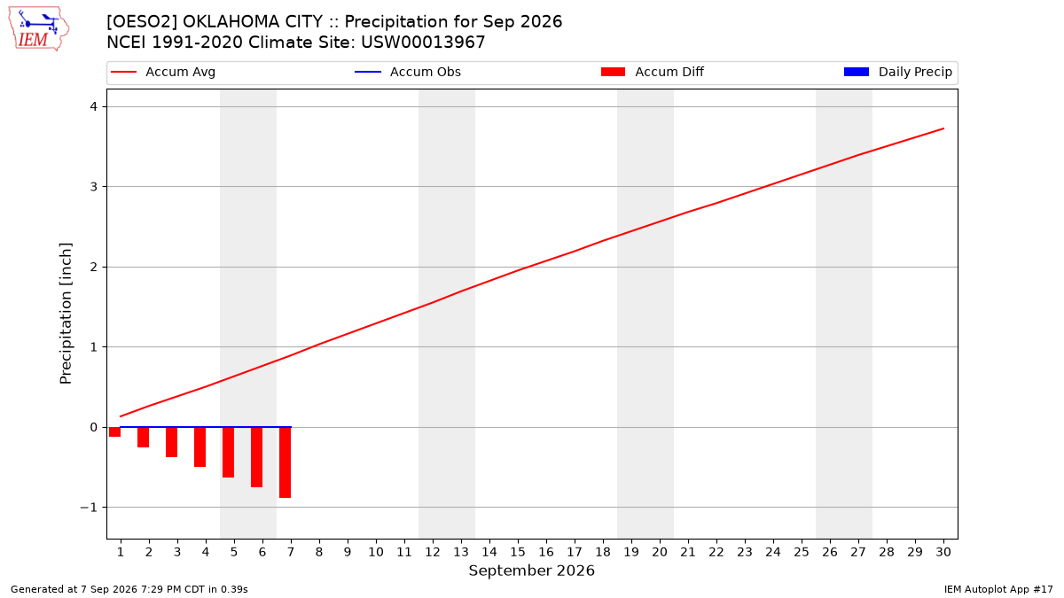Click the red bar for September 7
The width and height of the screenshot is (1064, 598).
tap(285, 462)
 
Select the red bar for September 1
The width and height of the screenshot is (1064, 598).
tap(114, 432)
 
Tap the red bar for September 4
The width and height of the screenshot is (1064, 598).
tap(200, 447)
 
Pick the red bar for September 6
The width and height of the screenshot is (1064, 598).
tap(256, 457)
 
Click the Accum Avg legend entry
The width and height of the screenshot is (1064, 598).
tap(163, 72)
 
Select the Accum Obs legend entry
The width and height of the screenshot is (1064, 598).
tap(408, 72)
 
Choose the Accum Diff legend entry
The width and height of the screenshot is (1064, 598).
tap(653, 72)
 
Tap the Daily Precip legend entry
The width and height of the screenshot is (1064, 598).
tap(897, 72)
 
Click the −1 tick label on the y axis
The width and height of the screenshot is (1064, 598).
tap(89, 508)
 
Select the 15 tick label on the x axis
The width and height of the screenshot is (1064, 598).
tap(518, 552)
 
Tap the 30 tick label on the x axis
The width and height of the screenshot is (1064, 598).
tap(943, 552)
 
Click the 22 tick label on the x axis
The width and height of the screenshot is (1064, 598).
tap(716, 552)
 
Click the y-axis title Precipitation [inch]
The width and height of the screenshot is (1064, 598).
tap(66, 314)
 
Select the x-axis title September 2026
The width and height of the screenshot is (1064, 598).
tap(531, 571)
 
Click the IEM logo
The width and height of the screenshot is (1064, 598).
tap(39, 29)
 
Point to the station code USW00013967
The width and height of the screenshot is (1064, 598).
tap(423, 43)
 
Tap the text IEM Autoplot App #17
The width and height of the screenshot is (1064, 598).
tap(998, 589)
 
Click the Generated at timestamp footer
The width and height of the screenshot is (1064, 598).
tap(129, 589)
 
